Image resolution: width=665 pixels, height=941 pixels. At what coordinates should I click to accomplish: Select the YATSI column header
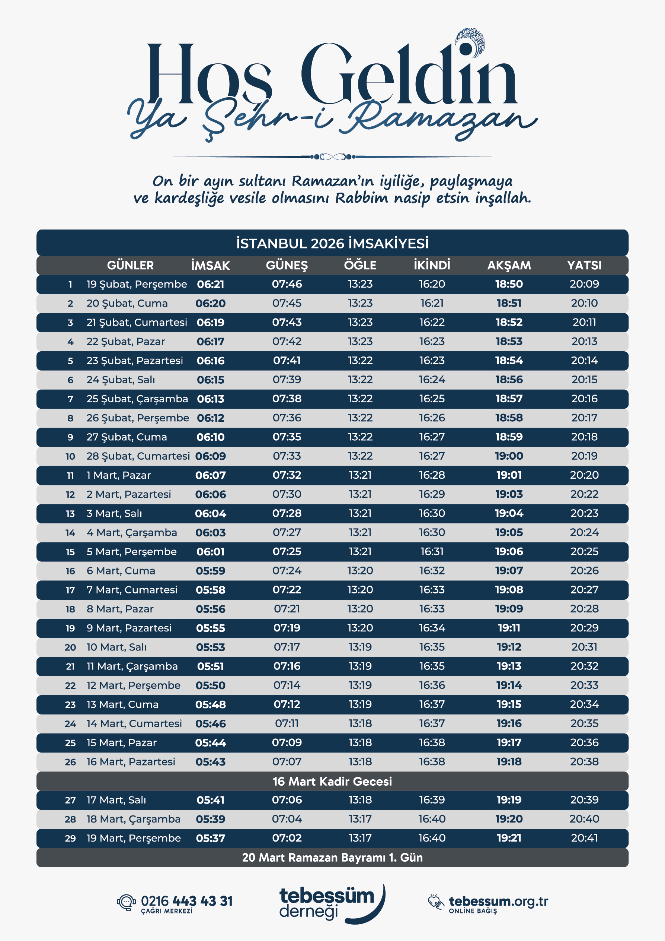[x=584, y=265]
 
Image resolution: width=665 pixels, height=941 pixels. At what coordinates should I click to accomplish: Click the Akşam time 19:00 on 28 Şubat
[x=509, y=456]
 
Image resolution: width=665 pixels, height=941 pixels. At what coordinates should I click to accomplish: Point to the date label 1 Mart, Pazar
[x=118, y=475]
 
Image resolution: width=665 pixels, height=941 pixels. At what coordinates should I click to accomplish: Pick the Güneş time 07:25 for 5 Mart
[x=287, y=551]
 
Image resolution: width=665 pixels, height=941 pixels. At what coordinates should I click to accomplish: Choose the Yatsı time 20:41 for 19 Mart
[x=584, y=838]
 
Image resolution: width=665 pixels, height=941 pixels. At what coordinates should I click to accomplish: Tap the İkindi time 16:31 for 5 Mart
[x=432, y=551]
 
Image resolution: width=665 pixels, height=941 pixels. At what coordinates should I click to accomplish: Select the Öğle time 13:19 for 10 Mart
[x=360, y=647]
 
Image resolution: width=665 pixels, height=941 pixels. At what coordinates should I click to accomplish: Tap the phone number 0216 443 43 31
[x=186, y=901]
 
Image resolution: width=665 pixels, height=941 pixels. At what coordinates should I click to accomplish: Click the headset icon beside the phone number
[x=126, y=902]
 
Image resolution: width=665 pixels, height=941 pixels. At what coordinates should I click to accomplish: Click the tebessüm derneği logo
[x=332, y=904]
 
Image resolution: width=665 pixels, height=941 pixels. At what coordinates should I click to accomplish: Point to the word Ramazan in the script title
[x=438, y=119]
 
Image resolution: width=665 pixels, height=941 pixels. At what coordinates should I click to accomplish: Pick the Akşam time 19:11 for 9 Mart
[x=509, y=627]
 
